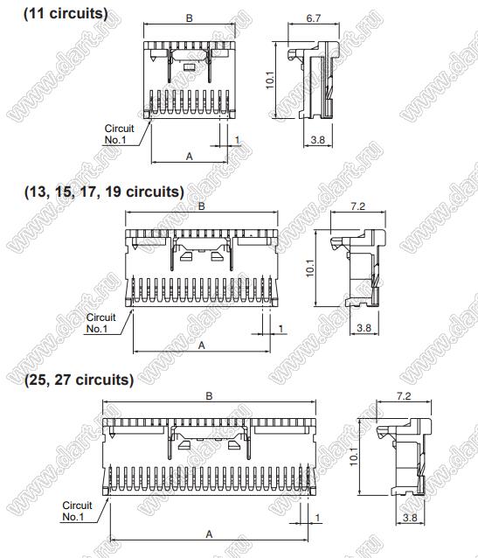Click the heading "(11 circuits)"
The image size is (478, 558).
[x=66, y=13]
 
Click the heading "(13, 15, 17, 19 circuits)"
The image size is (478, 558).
[x=104, y=192]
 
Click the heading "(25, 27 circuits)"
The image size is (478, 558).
[x=79, y=380]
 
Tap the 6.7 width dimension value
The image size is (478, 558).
[x=314, y=18]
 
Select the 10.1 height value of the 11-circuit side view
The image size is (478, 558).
[x=270, y=80]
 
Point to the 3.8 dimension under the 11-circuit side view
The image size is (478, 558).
[x=317, y=140]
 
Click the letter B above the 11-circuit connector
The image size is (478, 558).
[x=190, y=18]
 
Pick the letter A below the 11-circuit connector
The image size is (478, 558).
[x=190, y=157]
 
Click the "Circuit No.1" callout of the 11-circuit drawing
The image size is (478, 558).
[x=119, y=134]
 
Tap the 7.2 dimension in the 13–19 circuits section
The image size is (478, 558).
[x=357, y=206]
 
